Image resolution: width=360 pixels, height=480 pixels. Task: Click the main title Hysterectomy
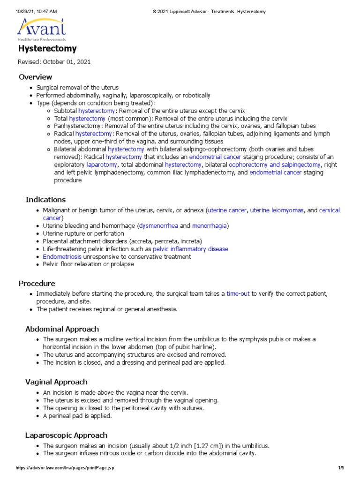pyautogui.click(x=47, y=49)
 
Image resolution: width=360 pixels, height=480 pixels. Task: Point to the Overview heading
pyautogui.click(x=35, y=77)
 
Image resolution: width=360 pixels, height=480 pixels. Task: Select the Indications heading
pyautogui.click(x=45, y=200)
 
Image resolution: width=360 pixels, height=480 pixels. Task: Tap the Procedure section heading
pyautogui.click(x=37, y=283)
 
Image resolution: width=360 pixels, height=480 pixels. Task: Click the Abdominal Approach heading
pyautogui.click(x=62, y=329)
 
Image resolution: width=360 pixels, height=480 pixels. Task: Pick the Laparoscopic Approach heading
pyautogui.click(x=66, y=435)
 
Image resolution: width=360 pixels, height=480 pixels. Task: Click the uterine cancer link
pyautogui.click(x=227, y=210)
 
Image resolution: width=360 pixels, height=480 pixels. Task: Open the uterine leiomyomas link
pyautogui.click(x=277, y=210)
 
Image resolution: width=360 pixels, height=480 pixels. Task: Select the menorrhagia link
pyautogui.click(x=210, y=226)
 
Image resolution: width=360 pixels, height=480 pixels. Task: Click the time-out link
pyautogui.click(x=238, y=293)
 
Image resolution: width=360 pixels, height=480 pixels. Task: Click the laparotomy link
pyautogui.click(x=102, y=165)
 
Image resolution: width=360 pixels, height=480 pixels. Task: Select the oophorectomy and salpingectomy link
pyautogui.click(x=268, y=165)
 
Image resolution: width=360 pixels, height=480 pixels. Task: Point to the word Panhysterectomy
pyautogui.click(x=78, y=126)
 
